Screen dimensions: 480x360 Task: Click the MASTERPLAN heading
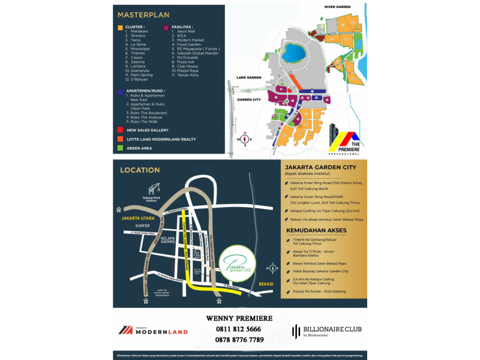[143, 14]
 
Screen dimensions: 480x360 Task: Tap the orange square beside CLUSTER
[121, 27]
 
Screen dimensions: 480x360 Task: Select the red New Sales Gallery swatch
[121, 130]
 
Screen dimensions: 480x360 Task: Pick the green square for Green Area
[121, 148]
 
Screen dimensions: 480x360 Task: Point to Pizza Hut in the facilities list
[183, 62]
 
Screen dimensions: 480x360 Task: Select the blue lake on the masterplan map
[295, 52]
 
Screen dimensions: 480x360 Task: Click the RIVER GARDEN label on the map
[337, 7]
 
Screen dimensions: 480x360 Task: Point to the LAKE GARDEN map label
[249, 78]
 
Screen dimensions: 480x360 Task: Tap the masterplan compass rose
[245, 139]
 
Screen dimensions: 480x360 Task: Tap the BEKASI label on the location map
[266, 283]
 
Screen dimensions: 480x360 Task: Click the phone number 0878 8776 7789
[239, 340]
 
